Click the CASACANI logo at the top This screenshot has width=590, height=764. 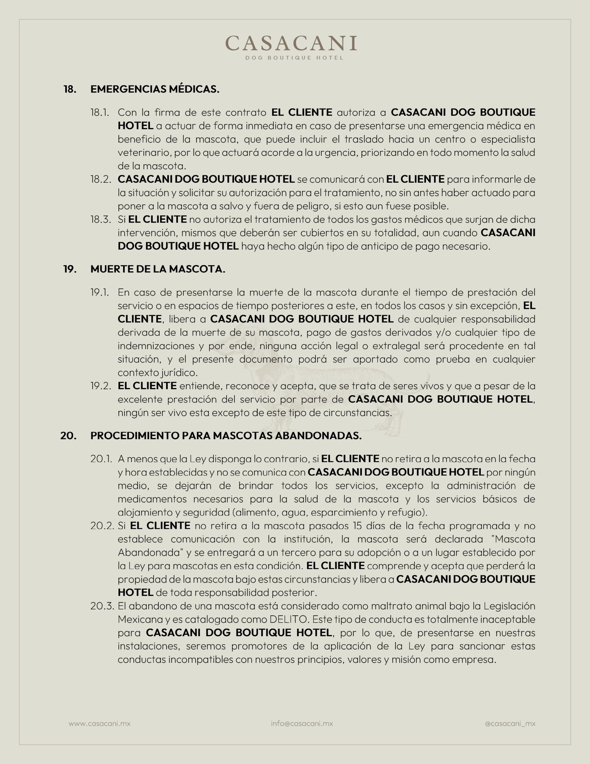click(x=291, y=43)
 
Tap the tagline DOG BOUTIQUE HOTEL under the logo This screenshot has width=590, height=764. click(x=294, y=58)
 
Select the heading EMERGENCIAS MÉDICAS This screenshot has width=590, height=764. click(x=155, y=89)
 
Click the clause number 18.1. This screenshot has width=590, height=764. click(x=100, y=112)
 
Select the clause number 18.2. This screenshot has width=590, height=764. click(x=101, y=179)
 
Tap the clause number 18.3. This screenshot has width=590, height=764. click(x=101, y=219)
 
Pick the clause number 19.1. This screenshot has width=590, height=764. click(x=100, y=292)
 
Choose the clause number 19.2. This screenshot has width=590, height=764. click(x=101, y=386)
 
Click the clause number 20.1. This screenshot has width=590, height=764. click(x=101, y=459)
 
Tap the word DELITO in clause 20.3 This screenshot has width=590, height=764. click(x=288, y=619)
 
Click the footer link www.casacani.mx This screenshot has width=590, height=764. click(x=99, y=723)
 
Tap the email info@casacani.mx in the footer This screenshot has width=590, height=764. click(x=302, y=723)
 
